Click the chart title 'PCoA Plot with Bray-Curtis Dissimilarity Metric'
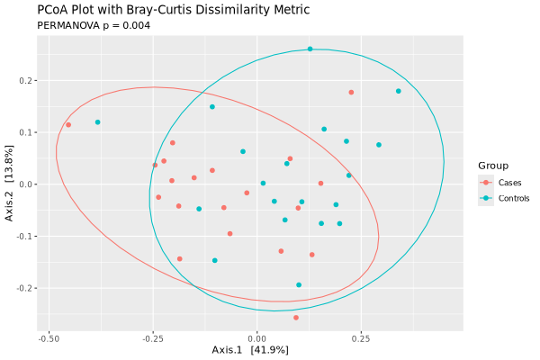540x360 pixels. point(173,10)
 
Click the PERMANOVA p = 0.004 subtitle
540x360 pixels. point(94,25)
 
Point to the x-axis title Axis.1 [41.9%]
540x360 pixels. point(250,349)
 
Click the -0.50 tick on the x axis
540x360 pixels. point(49,339)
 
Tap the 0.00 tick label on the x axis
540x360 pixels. point(257,339)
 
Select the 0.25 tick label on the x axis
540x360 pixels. point(361,339)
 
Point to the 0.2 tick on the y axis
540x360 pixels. point(25,81)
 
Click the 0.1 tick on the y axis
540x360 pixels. point(25,133)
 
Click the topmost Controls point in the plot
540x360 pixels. point(310,49)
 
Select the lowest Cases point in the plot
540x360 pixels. point(296,318)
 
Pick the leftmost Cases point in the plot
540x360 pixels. point(68,125)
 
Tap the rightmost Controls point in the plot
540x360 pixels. point(398,91)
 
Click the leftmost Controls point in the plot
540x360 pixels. point(97,122)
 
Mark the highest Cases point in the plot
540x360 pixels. point(351,92)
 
